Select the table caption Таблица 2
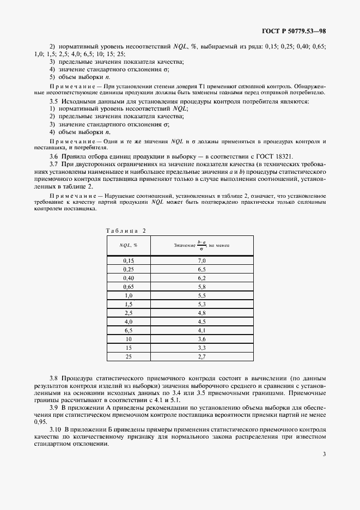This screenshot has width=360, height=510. (x=126, y=230)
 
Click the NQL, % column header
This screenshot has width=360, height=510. (x=128, y=246)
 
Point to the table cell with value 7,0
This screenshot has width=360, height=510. (x=202, y=261)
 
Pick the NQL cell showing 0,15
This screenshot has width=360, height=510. (x=128, y=261)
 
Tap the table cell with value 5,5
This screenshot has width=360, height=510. (x=202, y=295)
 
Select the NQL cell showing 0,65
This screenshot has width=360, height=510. (x=128, y=287)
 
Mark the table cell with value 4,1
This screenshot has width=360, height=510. (x=202, y=330)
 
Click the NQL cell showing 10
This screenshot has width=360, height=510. (x=128, y=339)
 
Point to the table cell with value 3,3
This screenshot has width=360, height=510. (x=202, y=347)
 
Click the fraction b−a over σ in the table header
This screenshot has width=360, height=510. (x=202, y=246)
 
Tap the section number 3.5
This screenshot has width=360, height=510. (x=53, y=102)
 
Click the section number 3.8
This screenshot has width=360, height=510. (x=53, y=378)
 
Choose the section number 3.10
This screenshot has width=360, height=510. (x=55, y=429)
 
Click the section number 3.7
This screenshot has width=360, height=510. (x=53, y=164)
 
